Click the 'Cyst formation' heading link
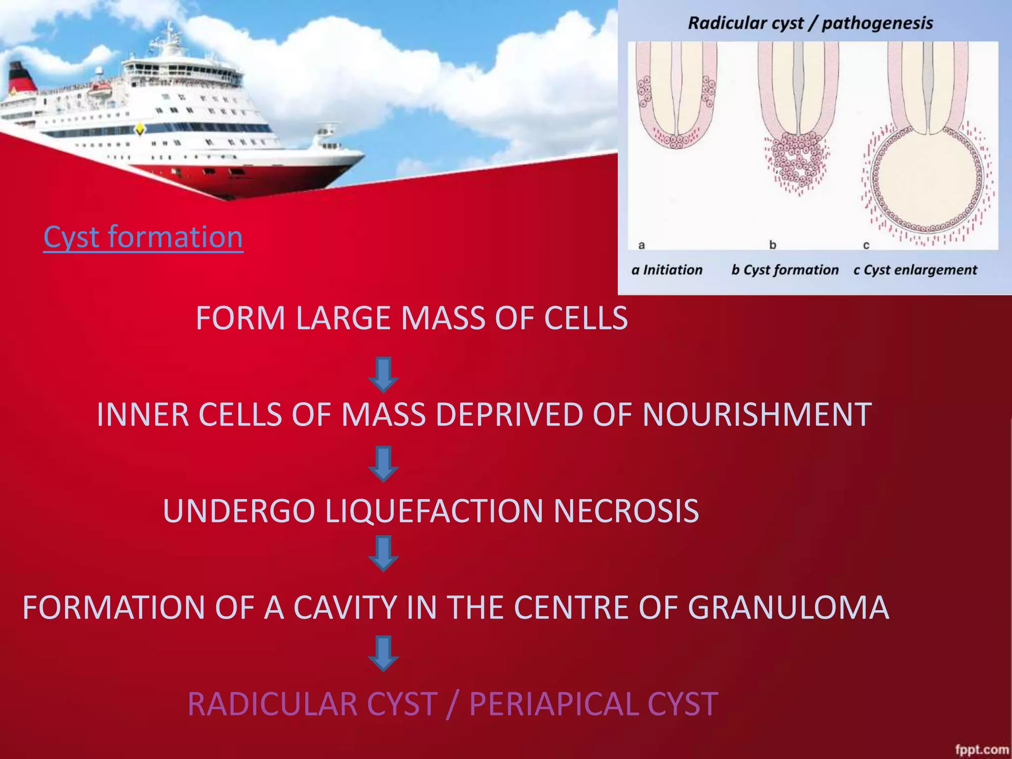[143, 237]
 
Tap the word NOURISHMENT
[757, 414]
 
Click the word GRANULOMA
[788, 607]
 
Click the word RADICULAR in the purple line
[313, 704]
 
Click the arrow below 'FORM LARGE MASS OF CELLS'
[383, 375]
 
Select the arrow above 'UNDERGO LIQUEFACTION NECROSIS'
[383, 464]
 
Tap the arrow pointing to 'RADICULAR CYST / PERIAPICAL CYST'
[383, 653]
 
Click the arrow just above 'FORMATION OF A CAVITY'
[383, 553]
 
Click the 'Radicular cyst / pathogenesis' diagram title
[810, 23]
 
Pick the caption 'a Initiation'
[667, 270]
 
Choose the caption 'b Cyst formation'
[785, 270]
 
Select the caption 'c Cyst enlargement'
[915, 270]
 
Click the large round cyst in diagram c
[927, 180]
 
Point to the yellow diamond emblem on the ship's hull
[140, 129]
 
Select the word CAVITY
[345, 607]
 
